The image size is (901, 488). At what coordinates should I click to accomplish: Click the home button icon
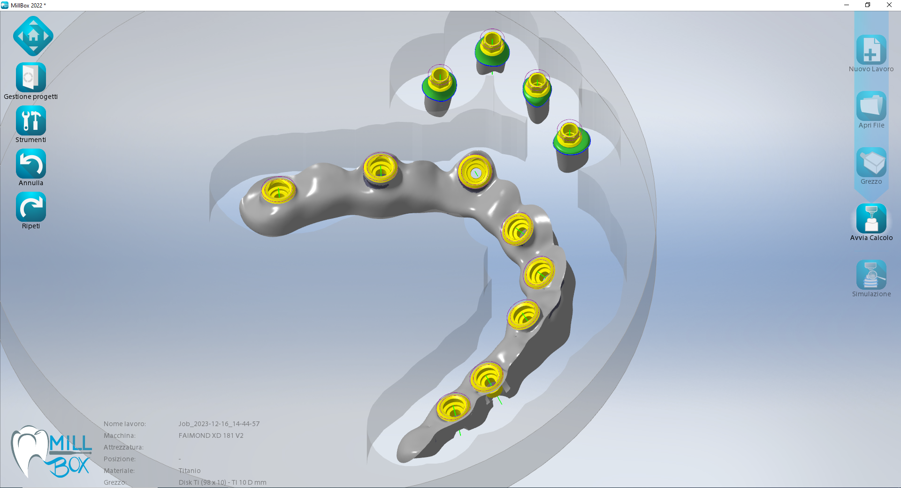33,36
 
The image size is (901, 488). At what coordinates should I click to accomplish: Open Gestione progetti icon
31,77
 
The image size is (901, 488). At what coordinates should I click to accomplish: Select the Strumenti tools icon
31,120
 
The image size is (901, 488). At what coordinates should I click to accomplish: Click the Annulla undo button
31,164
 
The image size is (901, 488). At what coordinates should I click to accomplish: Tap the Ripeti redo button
31,207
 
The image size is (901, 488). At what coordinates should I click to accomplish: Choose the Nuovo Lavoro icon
871,50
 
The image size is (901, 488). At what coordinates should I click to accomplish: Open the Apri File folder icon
871,106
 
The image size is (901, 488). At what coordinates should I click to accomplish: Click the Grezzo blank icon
871,162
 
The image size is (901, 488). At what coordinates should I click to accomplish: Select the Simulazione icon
871,275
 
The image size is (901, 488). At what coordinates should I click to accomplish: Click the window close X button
889,5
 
